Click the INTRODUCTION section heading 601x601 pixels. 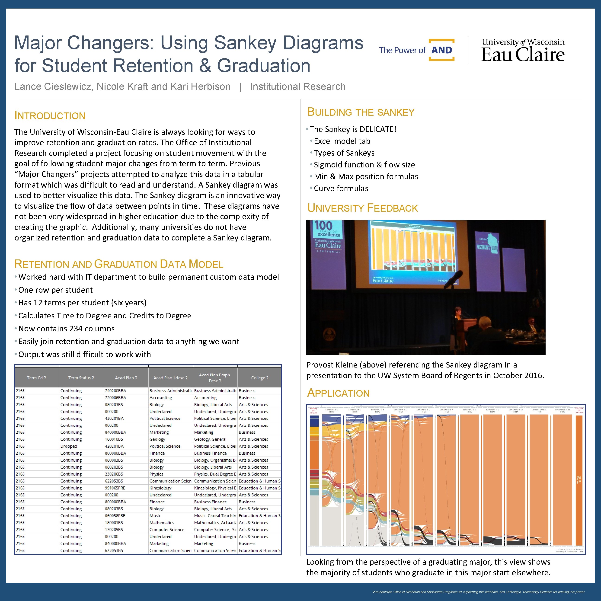[x=50, y=116]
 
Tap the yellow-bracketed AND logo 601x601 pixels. [x=441, y=50]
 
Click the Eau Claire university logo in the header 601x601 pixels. [x=523, y=50]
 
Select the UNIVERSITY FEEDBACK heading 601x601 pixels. [x=362, y=208]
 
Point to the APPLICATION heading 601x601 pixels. [x=338, y=393]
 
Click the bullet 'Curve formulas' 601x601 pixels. [x=341, y=189]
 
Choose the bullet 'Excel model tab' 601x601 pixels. [x=342, y=141]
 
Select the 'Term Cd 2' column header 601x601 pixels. [x=36, y=378]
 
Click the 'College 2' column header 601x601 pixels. [x=259, y=378]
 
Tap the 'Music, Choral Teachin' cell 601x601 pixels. [x=215, y=516]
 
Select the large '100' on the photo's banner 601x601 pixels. [x=323, y=225]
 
